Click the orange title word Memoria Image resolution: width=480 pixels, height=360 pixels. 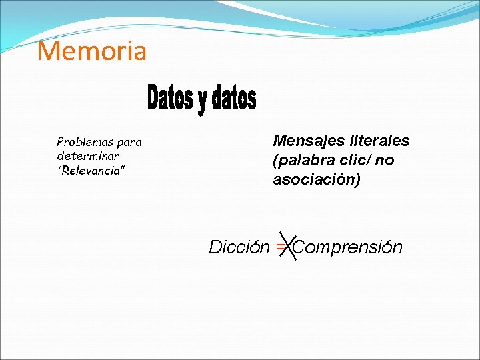click(x=91, y=51)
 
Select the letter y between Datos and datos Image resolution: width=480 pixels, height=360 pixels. click(x=202, y=100)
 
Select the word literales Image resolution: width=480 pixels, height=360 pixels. click(x=379, y=141)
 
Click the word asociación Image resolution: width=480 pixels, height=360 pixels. click(x=313, y=179)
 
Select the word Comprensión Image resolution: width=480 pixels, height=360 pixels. click(x=348, y=247)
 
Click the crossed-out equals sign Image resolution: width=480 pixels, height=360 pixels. click(x=281, y=247)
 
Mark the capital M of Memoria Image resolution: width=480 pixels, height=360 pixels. click(x=48, y=51)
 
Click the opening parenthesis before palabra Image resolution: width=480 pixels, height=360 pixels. click(x=275, y=161)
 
